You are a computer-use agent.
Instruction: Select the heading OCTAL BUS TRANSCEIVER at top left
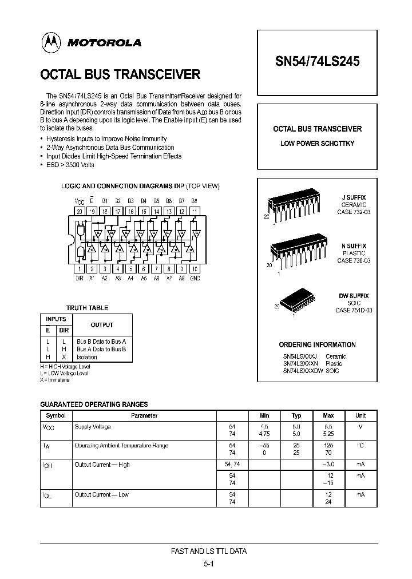120,74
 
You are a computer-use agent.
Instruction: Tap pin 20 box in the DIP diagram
80,211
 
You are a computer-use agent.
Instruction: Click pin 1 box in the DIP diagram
80,268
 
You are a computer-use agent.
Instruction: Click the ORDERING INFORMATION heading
317,345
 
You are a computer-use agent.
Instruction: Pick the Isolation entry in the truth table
87,357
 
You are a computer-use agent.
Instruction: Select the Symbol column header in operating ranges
56,415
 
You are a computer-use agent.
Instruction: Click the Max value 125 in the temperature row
328,445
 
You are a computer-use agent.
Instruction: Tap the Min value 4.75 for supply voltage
264,434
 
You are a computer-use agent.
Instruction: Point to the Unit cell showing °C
360,445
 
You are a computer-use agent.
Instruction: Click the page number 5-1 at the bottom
209,563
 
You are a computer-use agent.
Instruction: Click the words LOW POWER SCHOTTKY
317,143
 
